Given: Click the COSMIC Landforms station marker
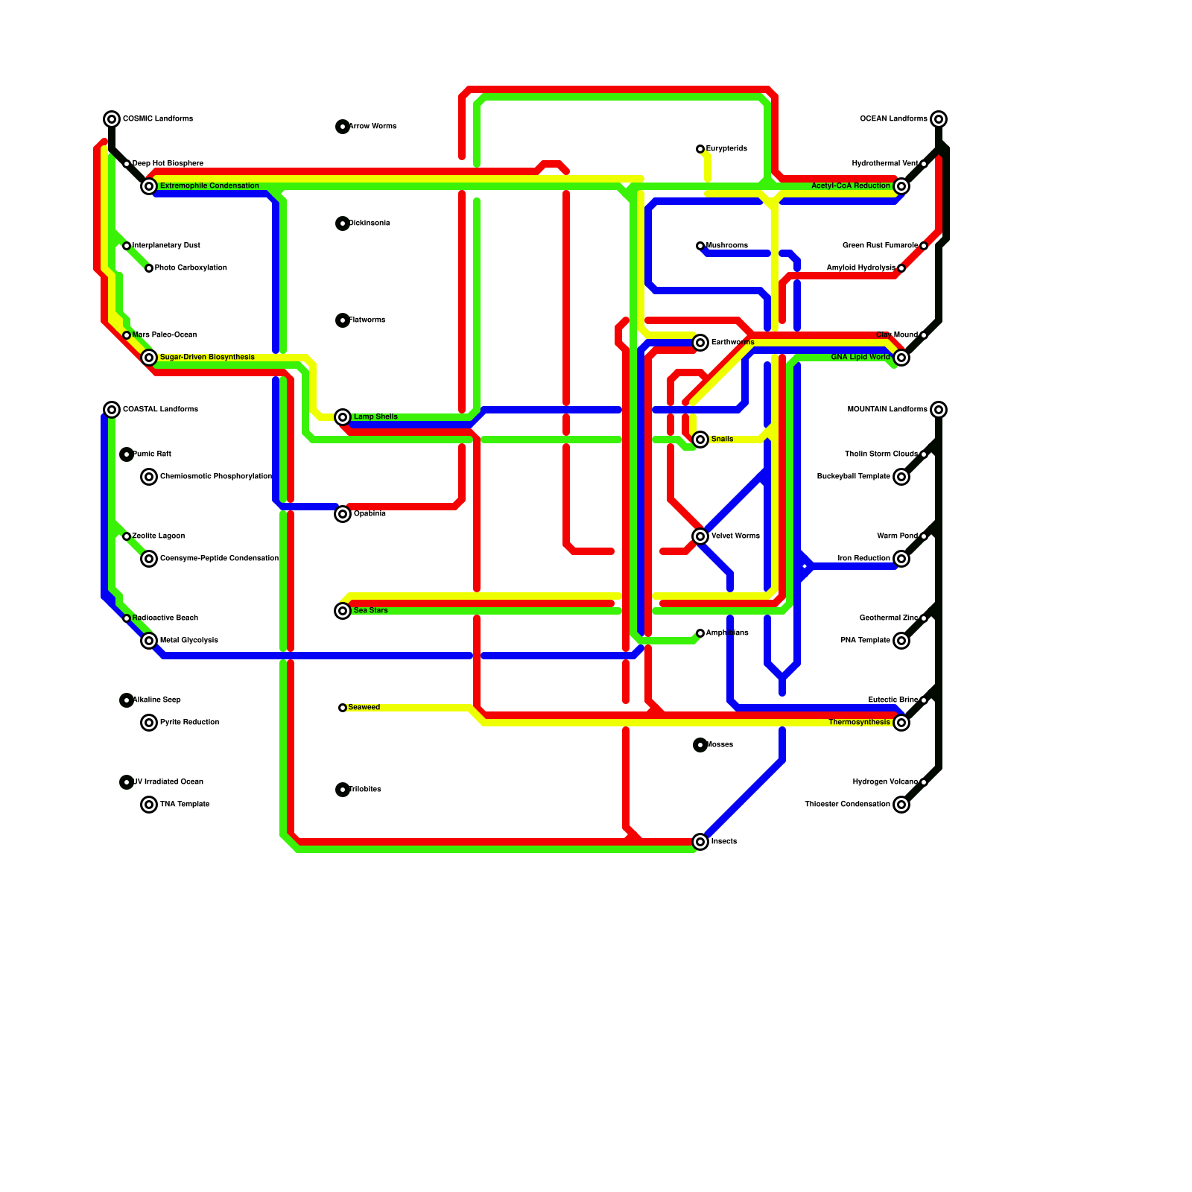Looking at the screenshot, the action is pyautogui.click(x=112, y=119).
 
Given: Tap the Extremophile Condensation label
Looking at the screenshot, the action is pyautogui.click(x=209, y=186).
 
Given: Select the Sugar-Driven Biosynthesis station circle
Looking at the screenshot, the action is pyautogui.click(x=149, y=358).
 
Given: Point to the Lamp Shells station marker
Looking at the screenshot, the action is pyautogui.click(x=343, y=417).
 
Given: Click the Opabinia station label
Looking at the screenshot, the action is pyautogui.click(x=370, y=514).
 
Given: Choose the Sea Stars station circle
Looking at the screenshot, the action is pyautogui.click(x=343, y=611).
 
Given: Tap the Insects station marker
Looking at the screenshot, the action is pyautogui.click(x=700, y=842).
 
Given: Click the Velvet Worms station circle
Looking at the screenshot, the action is pyautogui.click(x=700, y=536).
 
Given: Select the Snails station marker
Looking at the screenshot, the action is pyautogui.click(x=700, y=440).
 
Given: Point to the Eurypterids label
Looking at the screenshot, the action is pyautogui.click(x=726, y=149).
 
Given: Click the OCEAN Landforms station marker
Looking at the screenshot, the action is pyautogui.click(x=939, y=119).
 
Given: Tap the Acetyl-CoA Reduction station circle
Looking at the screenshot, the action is pyautogui.click(x=901, y=186).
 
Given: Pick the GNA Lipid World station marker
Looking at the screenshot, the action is pyautogui.click(x=901, y=358).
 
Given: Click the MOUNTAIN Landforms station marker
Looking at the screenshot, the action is pyautogui.click(x=939, y=410).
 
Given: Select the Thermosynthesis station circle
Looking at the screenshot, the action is pyautogui.click(x=901, y=723).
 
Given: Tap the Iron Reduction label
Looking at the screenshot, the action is pyautogui.click(x=863, y=559).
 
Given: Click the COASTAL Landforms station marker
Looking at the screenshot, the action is pyautogui.click(x=112, y=410).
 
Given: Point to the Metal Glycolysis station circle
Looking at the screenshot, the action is pyautogui.click(x=149, y=641).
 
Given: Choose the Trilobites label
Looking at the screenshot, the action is pyautogui.click(x=365, y=790).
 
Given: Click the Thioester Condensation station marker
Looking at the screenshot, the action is pyautogui.click(x=901, y=805).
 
